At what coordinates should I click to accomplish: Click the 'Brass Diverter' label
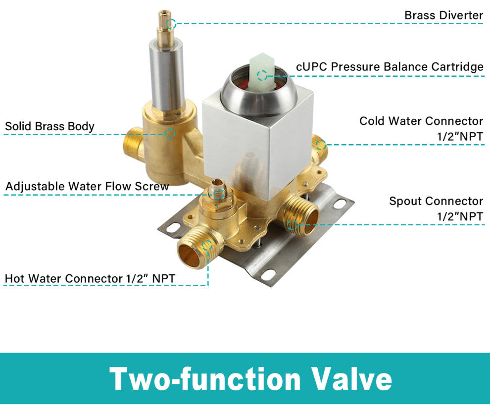(x=444, y=15)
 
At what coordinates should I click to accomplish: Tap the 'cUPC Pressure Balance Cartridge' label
(x=390, y=66)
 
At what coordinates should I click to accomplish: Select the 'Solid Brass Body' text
(x=49, y=126)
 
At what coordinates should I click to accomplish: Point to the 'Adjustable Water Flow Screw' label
(x=87, y=186)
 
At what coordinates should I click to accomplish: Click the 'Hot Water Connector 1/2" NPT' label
(x=90, y=278)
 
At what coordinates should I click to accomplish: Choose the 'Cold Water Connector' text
(x=421, y=121)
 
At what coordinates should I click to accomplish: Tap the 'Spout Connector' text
(x=436, y=201)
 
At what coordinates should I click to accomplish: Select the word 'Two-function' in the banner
(x=205, y=379)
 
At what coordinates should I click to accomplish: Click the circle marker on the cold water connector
(x=321, y=145)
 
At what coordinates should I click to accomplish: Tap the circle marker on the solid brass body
(x=169, y=134)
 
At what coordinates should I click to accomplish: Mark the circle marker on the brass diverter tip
(x=171, y=23)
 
